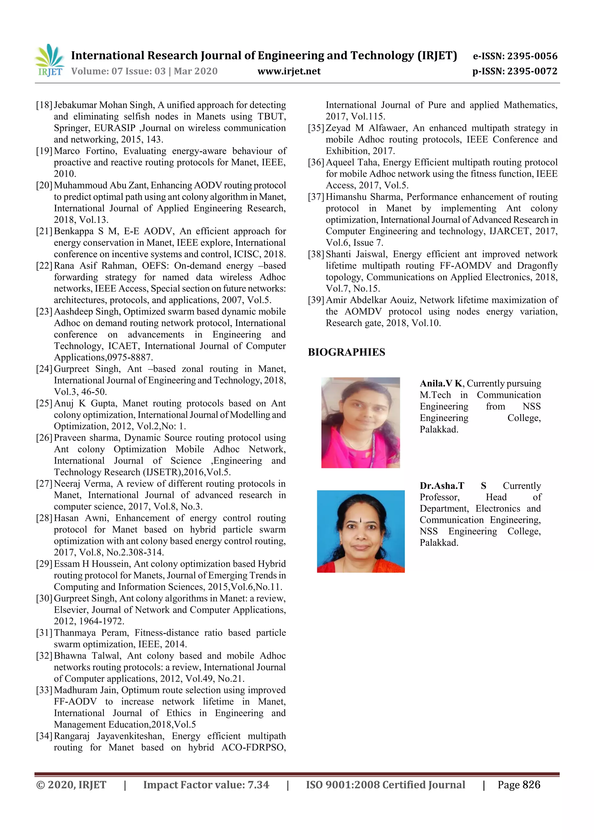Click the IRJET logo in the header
point(49,60)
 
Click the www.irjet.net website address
point(289,71)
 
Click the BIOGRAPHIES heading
point(346,352)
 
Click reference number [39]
point(316,300)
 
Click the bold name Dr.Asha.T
point(441,486)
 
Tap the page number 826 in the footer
point(531,785)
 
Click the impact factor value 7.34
point(258,785)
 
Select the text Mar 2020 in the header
point(195,71)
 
